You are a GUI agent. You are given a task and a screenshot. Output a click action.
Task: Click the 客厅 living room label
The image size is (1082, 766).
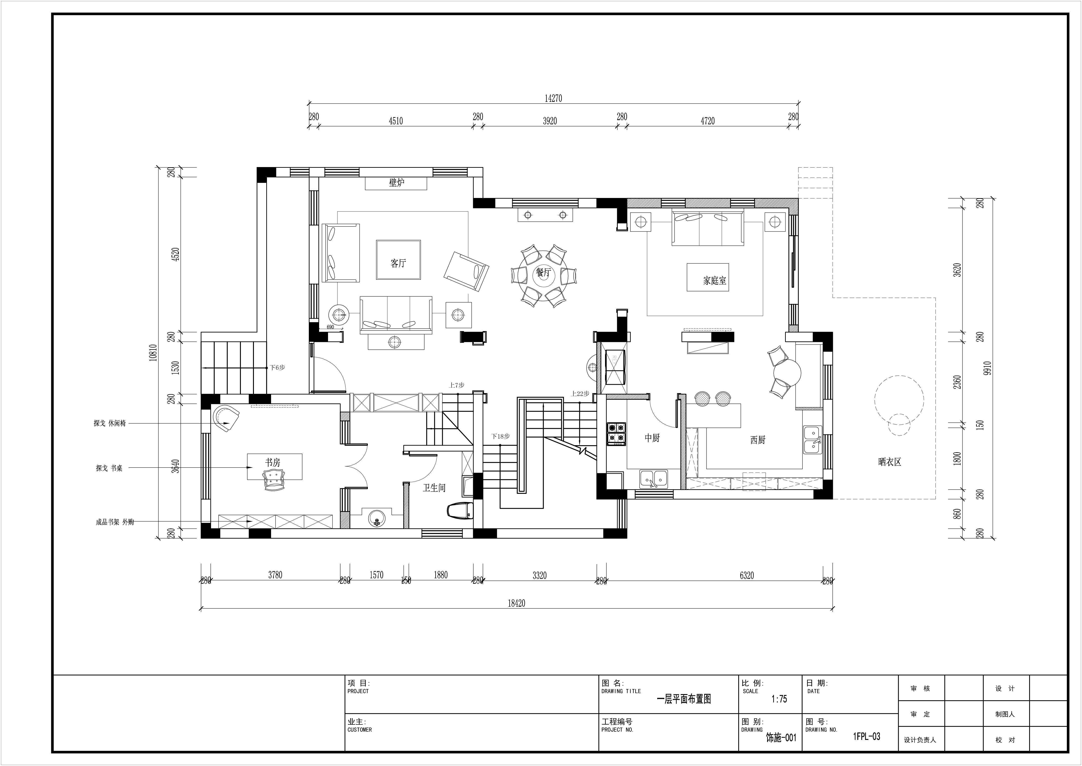(398, 263)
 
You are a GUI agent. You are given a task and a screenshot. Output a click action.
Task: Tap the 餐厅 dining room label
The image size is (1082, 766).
(543, 273)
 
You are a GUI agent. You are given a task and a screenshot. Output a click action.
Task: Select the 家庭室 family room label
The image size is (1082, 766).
(715, 281)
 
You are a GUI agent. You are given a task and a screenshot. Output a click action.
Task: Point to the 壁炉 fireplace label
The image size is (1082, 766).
(396, 183)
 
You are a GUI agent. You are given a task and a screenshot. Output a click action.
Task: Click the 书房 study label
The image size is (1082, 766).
(272, 463)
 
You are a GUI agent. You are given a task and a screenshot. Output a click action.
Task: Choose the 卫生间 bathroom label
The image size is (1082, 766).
(434, 488)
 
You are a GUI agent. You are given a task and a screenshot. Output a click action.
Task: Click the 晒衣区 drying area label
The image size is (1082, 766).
(890, 462)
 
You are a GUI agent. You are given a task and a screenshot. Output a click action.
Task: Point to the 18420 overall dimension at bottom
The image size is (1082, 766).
(516, 603)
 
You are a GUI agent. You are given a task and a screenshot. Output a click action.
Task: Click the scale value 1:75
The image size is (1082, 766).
(779, 699)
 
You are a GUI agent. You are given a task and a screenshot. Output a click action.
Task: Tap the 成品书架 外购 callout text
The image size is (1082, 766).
(115, 522)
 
